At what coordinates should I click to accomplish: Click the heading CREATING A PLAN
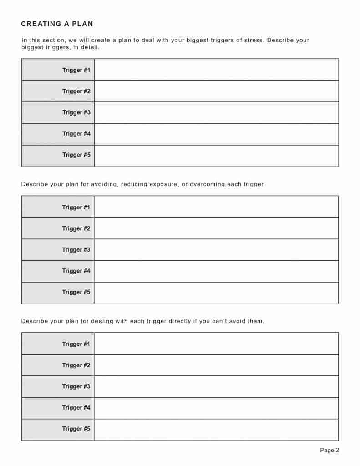pos(57,24)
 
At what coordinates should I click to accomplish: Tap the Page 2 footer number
pos(330,451)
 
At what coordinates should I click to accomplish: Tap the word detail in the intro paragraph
pos(90,47)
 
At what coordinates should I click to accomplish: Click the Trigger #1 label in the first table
pos(76,70)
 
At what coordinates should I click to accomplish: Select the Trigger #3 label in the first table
pos(76,112)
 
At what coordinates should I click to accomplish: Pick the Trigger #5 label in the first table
pos(76,155)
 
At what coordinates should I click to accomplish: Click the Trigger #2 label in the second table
pos(76,228)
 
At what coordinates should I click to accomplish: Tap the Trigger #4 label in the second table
pos(76,271)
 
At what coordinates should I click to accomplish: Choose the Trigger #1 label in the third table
pos(76,344)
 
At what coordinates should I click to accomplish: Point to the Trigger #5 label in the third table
pos(76,429)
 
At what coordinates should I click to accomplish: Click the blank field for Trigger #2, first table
pos(216,91)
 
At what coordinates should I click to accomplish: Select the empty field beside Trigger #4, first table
pos(216,134)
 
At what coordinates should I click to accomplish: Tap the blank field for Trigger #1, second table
pos(216,207)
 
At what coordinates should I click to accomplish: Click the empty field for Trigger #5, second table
pos(216,293)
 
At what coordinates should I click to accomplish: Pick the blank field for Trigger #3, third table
pos(216,386)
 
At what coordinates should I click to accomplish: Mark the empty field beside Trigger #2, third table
pos(216,365)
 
